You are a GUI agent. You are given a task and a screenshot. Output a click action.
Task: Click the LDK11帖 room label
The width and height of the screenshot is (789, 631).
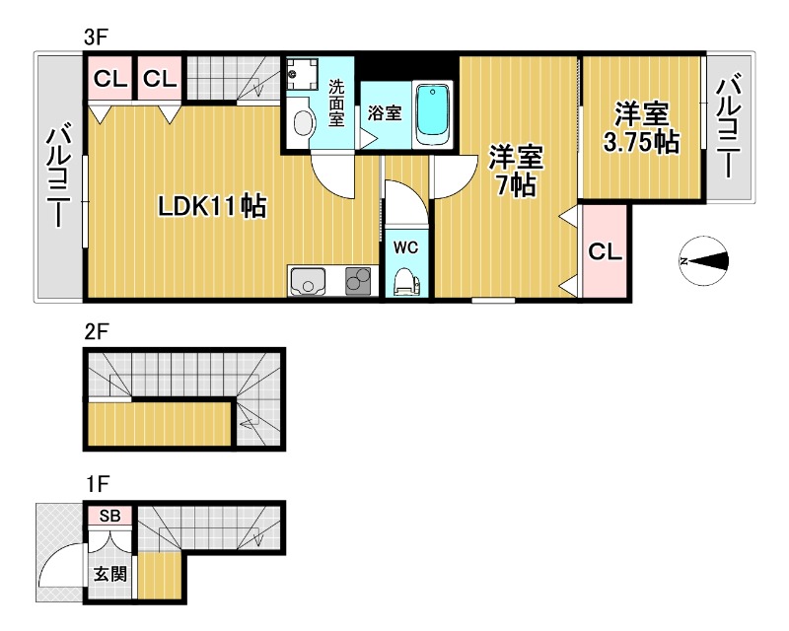(212, 206)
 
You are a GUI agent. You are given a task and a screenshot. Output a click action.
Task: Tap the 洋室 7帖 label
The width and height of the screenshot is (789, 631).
(516, 172)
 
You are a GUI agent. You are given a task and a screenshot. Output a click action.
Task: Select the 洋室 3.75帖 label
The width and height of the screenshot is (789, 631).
(642, 128)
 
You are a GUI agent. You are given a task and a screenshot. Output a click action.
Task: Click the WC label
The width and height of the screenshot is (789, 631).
(405, 247)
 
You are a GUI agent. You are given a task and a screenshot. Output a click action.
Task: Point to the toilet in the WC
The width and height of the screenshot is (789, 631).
(406, 282)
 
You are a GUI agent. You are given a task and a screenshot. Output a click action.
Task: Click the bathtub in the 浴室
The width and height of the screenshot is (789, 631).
(432, 114)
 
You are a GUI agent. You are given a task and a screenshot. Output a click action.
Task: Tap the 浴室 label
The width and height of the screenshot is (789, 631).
(385, 112)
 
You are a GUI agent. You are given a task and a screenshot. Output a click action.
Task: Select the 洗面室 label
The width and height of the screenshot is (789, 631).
(336, 104)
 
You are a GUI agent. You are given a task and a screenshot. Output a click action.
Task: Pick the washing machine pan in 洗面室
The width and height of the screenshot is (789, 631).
(302, 74)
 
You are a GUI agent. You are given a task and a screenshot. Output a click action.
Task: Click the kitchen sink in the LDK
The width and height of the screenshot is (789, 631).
(307, 281)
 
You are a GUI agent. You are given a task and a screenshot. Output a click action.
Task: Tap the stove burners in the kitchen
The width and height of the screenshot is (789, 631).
(358, 280)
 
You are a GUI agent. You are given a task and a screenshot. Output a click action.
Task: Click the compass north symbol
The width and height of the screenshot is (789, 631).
(704, 261)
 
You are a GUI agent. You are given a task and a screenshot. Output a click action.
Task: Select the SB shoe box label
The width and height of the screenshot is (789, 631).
(109, 516)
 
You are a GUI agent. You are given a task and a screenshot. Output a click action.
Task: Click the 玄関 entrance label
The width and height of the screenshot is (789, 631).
(110, 574)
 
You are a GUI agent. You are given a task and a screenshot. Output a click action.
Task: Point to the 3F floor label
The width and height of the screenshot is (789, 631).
(96, 37)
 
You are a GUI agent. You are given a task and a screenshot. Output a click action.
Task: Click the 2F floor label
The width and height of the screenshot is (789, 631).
(96, 332)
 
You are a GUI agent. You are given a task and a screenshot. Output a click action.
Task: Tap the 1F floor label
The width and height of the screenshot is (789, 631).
(97, 484)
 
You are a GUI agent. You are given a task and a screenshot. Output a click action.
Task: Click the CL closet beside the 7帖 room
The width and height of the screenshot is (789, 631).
(605, 251)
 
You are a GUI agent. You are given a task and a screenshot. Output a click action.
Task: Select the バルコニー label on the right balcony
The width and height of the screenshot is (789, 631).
(728, 125)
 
